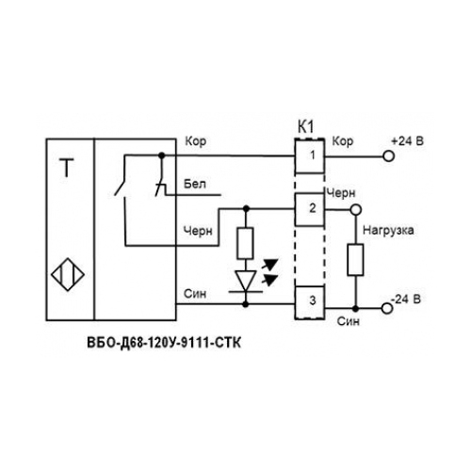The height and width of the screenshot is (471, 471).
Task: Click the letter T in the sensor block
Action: point(67,168)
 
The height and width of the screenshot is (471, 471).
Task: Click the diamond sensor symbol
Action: point(68,274)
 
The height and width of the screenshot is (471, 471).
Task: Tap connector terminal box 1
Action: point(310,155)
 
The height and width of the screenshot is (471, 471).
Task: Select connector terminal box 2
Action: point(310,209)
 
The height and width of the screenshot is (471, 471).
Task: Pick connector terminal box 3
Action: point(310,302)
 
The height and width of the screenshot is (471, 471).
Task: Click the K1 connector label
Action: point(305,127)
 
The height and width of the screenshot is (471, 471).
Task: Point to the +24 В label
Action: point(407,141)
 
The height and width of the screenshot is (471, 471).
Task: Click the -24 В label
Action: point(406,299)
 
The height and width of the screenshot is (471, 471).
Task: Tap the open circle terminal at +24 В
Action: point(389,156)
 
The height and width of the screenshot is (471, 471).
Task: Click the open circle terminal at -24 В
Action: point(387,308)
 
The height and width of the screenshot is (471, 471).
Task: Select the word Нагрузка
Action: point(388,231)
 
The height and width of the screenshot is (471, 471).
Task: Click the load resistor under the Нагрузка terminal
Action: point(355,260)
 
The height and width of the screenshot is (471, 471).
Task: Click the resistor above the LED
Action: point(245,243)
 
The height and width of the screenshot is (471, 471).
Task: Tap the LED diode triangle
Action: point(246,281)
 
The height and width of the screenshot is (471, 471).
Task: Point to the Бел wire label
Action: point(195,184)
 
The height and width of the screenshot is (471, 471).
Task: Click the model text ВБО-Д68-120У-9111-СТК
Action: point(164,343)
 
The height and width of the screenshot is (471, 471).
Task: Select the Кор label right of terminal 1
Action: point(343,141)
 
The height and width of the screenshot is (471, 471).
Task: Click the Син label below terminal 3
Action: point(349,321)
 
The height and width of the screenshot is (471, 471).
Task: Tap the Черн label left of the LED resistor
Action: point(198,232)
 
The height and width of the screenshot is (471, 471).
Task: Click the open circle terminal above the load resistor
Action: point(356,209)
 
